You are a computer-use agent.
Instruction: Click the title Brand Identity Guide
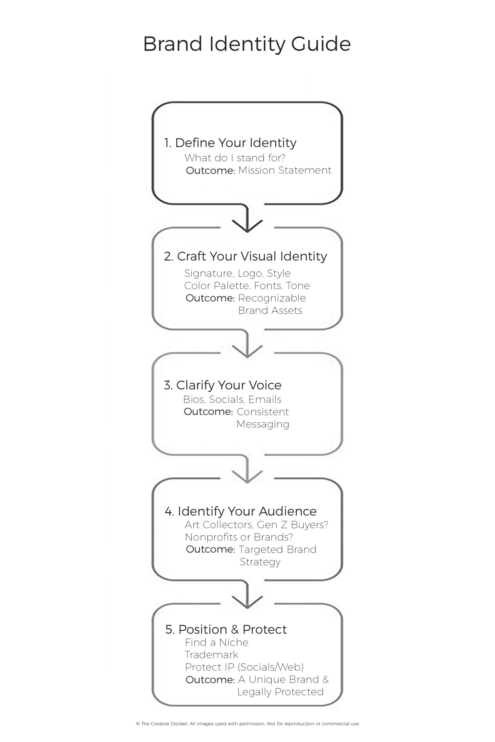(x=247, y=44)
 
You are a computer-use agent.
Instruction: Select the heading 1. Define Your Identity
(x=230, y=143)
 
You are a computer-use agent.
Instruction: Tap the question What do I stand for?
(x=235, y=158)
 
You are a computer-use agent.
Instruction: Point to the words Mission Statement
(x=285, y=170)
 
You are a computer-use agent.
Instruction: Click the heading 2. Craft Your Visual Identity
(x=245, y=257)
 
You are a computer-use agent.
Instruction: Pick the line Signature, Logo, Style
(x=237, y=274)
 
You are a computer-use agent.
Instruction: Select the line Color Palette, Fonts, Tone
(x=247, y=286)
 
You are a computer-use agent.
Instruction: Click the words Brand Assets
(x=270, y=310)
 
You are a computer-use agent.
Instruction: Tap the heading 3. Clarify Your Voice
(x=222, y=385)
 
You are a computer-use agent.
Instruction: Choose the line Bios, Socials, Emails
(x=232, y=400)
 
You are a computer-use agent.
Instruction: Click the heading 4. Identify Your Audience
(x=241, y=511)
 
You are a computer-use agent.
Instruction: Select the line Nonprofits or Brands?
(x=239, y=537)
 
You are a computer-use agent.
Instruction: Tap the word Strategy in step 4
(x=260, y=562)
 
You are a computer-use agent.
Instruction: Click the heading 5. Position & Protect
(x=226, y=629)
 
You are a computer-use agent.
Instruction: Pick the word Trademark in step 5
(x=211, y=655)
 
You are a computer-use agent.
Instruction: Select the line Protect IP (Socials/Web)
(x=244, y=667)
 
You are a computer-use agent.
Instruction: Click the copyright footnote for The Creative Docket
(x=248, y=724)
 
